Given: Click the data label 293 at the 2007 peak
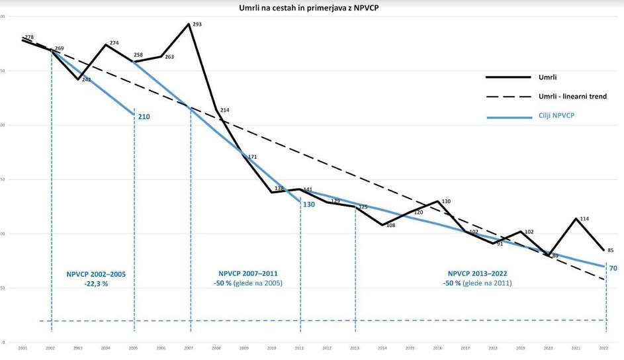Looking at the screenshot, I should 197,24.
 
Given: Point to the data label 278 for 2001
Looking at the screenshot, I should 29,37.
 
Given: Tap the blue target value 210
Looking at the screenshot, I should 144,117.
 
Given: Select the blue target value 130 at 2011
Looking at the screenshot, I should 308,204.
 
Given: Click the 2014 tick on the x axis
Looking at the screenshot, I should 382,348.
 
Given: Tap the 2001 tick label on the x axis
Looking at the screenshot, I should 23,348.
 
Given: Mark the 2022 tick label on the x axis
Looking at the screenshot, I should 603,348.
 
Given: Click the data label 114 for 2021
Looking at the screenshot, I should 584,219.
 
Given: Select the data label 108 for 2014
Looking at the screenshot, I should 390,226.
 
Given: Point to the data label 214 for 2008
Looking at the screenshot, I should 224,110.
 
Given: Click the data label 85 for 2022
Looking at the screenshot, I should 611,250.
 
